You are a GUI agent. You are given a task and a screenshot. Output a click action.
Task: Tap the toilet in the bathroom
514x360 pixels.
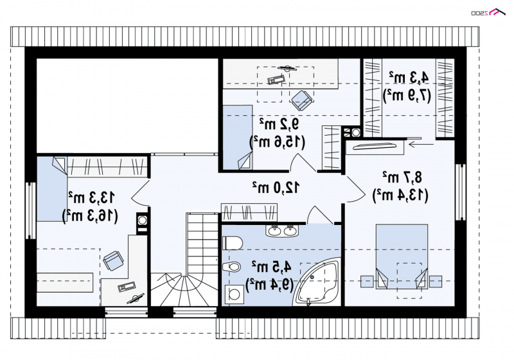(x=233, y=243)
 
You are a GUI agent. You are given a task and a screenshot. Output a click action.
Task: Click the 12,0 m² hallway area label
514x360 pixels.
(x=276, y=187)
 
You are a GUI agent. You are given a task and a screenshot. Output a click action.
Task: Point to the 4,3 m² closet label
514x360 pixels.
(x=409, y=77)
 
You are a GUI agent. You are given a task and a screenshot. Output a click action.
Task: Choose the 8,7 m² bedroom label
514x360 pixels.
(x=402, y=177)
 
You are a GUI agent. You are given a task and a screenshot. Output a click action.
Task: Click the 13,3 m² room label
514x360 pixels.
(x=91, y=197)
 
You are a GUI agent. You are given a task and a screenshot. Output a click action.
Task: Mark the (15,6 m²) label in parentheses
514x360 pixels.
(x=278, y=141)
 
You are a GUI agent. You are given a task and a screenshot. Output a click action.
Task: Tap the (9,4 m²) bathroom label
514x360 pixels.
(x=269, y=285)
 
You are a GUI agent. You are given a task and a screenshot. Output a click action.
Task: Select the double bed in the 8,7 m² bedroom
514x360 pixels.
(x=402, y=256)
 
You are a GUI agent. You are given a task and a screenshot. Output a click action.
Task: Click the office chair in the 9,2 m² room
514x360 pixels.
(x=301, y=100)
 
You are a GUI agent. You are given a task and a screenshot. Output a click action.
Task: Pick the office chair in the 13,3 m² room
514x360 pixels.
(x=114, y=260)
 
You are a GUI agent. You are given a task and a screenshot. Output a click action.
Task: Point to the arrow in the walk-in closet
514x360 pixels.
(x=421, y=143)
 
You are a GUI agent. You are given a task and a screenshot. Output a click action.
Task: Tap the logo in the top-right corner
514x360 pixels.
(x=488, y=12)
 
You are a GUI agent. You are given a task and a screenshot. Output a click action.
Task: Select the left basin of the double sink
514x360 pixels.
(x=274, y=231)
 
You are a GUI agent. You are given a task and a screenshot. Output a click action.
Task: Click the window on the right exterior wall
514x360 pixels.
(x=461, y=192)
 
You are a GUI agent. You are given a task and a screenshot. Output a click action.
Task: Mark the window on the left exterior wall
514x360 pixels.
(x=30, y=210)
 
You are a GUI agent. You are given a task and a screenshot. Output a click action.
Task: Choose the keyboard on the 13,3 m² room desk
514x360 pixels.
(x=127, y=286)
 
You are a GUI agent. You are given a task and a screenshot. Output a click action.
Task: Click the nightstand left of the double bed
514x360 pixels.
(x=367, y=282)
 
